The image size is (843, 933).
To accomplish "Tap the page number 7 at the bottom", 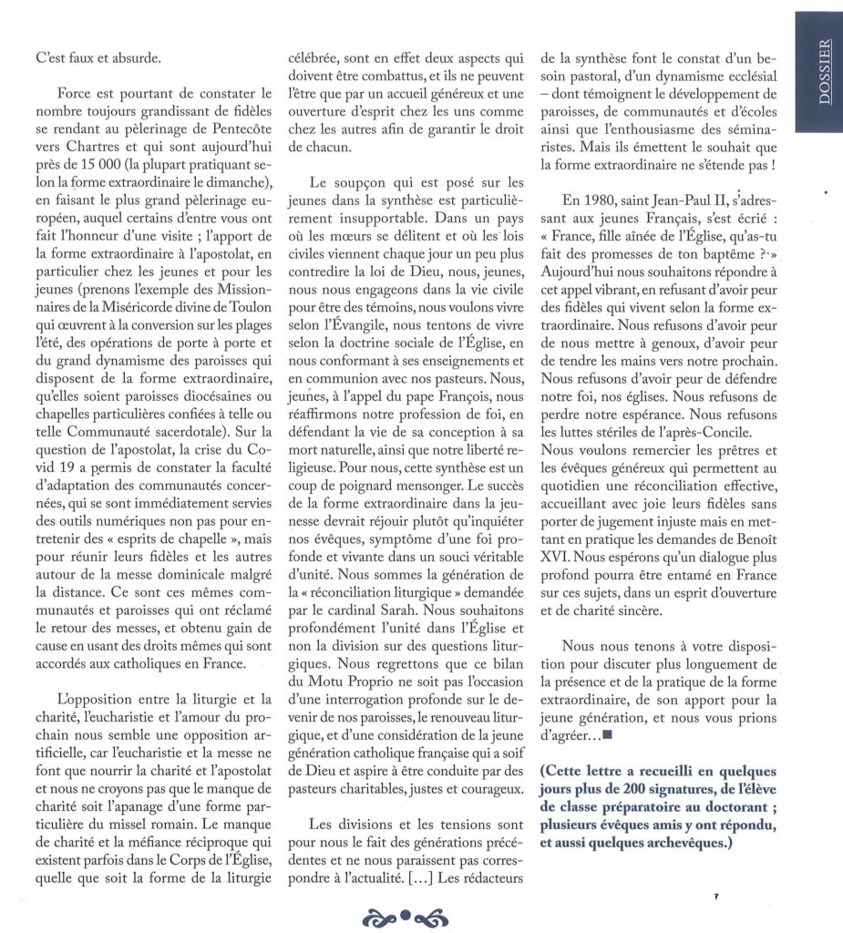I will point(716,897).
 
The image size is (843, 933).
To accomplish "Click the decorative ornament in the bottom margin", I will point(402,914).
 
